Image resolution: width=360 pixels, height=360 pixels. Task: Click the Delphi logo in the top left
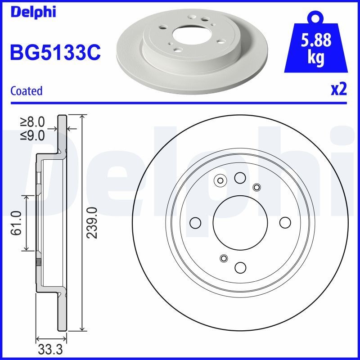32,12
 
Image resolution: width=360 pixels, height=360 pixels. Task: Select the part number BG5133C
55,53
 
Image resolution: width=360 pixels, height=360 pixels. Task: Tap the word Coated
26,91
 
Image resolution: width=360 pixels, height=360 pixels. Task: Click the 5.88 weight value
315,40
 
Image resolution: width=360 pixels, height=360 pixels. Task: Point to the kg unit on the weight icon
315,58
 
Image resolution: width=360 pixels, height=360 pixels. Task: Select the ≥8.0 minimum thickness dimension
33,121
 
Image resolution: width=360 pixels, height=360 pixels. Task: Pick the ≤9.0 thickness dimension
33,135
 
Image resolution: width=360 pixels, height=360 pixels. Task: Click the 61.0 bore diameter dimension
17,223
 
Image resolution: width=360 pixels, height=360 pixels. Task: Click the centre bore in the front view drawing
240,222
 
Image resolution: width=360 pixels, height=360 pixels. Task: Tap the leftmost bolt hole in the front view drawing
196,222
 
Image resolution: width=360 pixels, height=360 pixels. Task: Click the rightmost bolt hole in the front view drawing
285,222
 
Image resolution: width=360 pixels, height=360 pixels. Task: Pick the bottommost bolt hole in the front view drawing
240,267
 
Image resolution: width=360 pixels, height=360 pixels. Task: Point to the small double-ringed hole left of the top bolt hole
220,181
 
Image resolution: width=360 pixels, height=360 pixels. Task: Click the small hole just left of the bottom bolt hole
224,258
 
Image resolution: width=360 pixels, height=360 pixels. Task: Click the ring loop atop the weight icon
315,18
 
